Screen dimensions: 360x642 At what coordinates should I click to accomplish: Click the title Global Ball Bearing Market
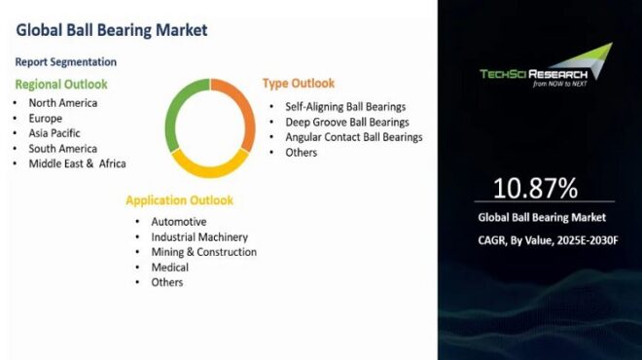[112, 29]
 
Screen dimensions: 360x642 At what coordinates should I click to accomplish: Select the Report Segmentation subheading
[65, 61]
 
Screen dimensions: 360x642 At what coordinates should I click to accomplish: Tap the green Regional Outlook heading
[60, 84]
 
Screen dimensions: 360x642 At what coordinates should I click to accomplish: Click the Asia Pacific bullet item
[54, 132]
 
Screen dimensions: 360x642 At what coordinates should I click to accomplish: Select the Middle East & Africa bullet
[77, 163]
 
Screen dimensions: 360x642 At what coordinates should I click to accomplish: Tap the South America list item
[63, 148]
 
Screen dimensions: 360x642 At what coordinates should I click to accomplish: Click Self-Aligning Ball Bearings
[344, 106]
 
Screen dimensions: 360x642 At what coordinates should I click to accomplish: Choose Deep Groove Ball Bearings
[346, 122]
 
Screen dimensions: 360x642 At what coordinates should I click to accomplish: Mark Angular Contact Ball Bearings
[353, 137]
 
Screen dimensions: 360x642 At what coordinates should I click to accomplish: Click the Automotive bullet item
[178, 221]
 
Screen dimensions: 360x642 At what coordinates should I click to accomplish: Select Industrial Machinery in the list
[198, 236]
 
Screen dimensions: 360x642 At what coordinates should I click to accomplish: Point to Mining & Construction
[203, 252]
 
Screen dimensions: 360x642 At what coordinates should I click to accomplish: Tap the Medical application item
[169, 267]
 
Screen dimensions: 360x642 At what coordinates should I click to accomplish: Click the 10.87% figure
[535, 187]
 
